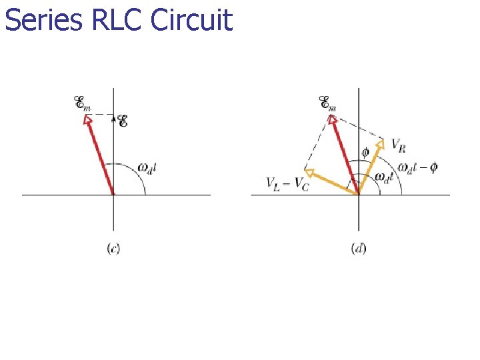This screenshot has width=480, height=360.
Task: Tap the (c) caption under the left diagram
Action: point(113,248)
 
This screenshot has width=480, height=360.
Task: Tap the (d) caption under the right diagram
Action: point(358,248)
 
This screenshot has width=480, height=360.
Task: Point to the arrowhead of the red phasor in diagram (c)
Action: point(87,120)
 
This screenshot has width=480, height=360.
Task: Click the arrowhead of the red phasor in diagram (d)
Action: point(331,120)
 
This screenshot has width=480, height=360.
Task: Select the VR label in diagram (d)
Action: point(398,143)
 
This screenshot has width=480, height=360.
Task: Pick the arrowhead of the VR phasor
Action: point(381,143)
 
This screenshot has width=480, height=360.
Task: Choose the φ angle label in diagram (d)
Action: point(365,152)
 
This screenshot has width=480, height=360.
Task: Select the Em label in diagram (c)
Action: point(82,103)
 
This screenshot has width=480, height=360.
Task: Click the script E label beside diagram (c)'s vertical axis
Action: point(123,121)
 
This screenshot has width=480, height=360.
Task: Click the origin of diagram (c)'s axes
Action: point(113,195)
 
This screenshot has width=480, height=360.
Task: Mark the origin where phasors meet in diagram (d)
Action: point(359,195)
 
